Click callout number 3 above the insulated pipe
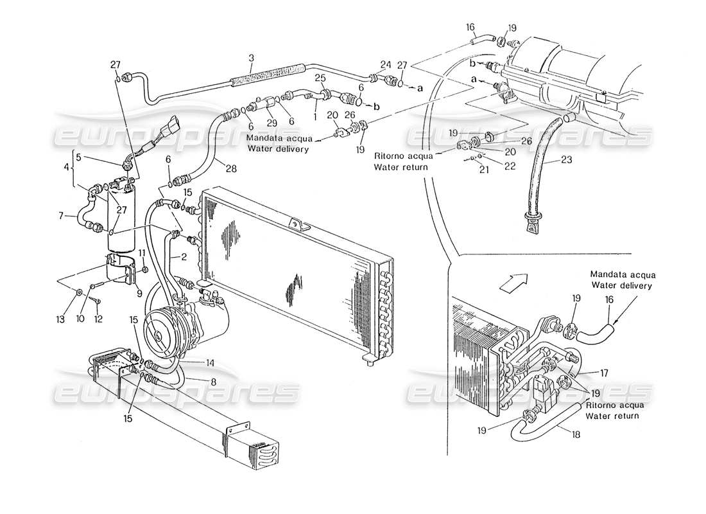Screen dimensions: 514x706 pyautogui.click(x=251, y=58)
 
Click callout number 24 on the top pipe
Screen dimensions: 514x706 pyautogui.click(x=385, y=64)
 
